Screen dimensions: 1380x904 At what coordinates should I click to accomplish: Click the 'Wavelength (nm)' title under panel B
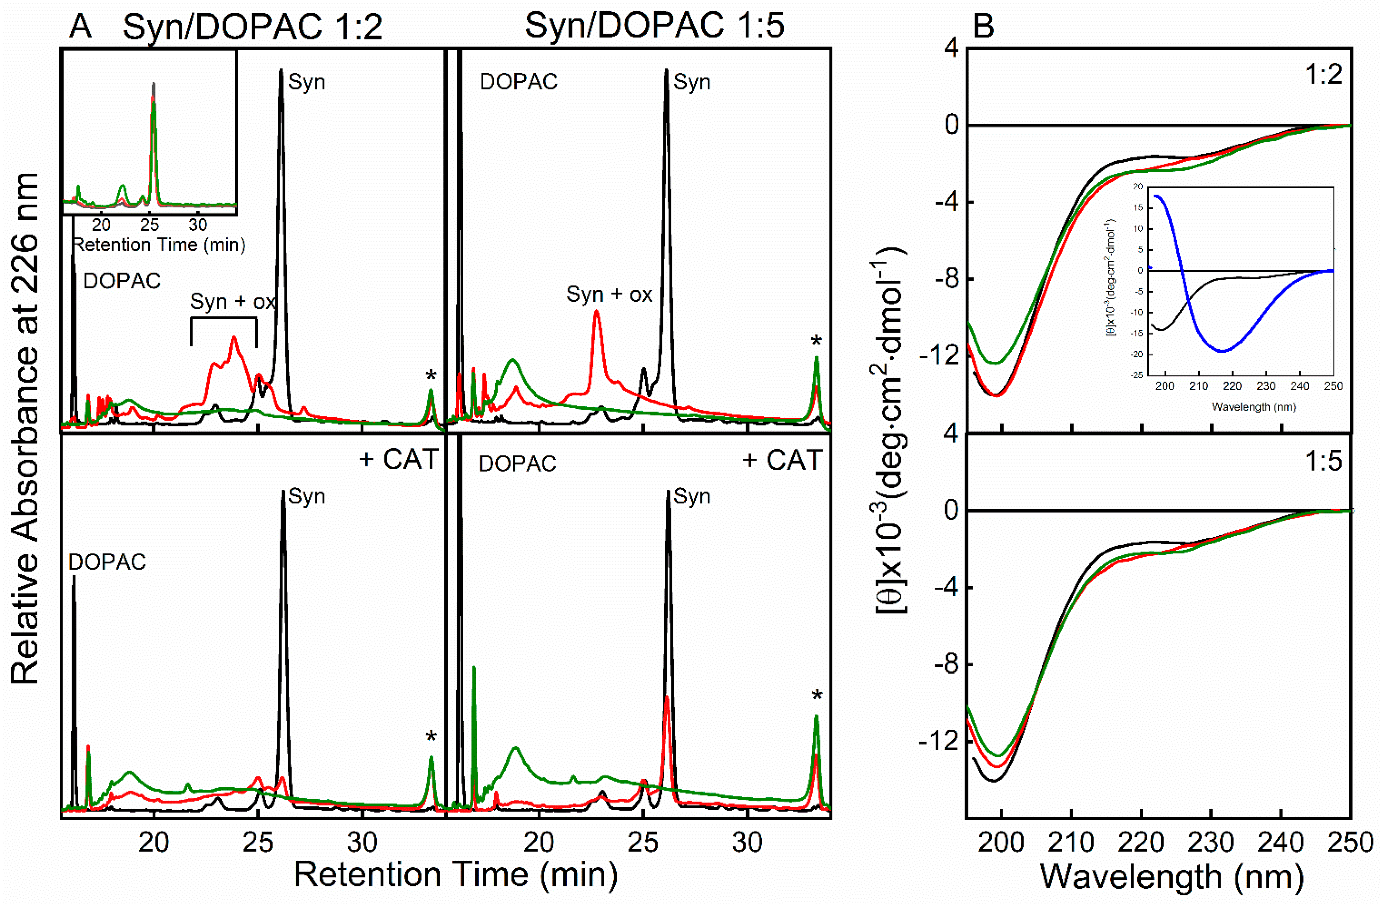tap(1172, 877)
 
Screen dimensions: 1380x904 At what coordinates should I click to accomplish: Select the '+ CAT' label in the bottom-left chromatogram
tap(399, 459)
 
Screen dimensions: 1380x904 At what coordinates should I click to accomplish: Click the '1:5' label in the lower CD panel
tap(1324, 461)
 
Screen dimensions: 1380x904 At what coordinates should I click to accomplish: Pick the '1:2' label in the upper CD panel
tap(1324, 75)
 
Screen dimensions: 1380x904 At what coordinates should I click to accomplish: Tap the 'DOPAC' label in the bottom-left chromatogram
tap(107, 562)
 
